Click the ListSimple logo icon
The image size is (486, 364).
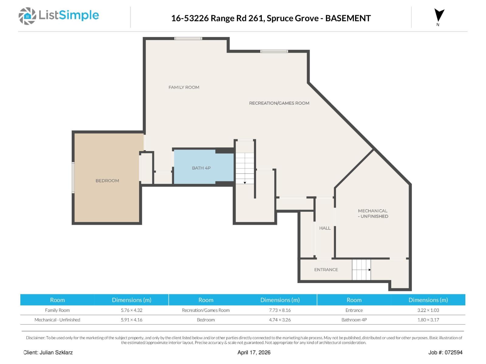click(27, 16)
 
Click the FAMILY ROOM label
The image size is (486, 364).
click(184, 87)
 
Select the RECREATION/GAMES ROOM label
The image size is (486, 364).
click(279, 103)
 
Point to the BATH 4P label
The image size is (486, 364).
click(201, 168)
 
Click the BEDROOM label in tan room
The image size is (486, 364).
click(107, 181)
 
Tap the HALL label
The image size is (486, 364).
click(325, 228)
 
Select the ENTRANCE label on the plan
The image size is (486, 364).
click(326, 270)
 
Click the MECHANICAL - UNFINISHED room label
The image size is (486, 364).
click(373, 214)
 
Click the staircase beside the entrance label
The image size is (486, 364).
click(361, 270)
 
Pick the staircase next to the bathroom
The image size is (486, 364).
click(245, 168)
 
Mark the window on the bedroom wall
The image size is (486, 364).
click(73, 177)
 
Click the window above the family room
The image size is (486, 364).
click(188, 39)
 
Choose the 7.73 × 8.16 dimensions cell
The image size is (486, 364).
click(280, 310)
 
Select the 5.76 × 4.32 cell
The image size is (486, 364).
click(132, 310)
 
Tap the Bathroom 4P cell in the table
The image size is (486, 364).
click(354, 320)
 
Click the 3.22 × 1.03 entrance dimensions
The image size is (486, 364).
click(428, 310)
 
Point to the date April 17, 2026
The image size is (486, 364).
click(254, 352)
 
